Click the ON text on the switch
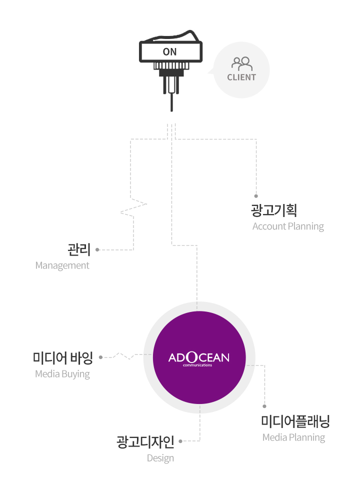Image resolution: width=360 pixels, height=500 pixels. click(169, 51)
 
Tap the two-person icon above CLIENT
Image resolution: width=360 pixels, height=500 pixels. click(242, 64)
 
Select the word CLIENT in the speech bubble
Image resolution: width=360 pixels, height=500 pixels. click(241, 77)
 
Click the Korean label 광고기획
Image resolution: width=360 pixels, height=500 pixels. click(274, 210)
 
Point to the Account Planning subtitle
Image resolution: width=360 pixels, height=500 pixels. click(288, 226)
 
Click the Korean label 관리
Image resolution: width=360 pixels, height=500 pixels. click(79, 249)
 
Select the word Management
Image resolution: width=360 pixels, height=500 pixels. click(62, 265)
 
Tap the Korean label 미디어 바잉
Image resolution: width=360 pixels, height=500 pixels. click(63, 358)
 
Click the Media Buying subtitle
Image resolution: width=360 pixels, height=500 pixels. click(62, 373)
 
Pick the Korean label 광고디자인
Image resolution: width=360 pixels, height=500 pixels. click(145, 442)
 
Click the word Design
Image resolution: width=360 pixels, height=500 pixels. click(160, 458)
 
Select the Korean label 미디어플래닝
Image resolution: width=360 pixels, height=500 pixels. click(295, 421)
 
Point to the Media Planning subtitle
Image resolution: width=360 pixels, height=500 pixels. click(293, 437)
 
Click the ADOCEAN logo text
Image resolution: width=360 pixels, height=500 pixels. click(199, 357)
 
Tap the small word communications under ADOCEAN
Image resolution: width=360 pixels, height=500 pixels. click(197, 365)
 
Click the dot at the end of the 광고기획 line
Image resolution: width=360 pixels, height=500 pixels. click(256, 196)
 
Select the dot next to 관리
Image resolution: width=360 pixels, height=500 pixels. click(97, 249)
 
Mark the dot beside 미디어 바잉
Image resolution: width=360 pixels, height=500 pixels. click(101, 357)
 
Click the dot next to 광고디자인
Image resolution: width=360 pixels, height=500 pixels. click(180, 441)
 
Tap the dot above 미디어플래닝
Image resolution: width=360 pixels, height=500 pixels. click(264, 406)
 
